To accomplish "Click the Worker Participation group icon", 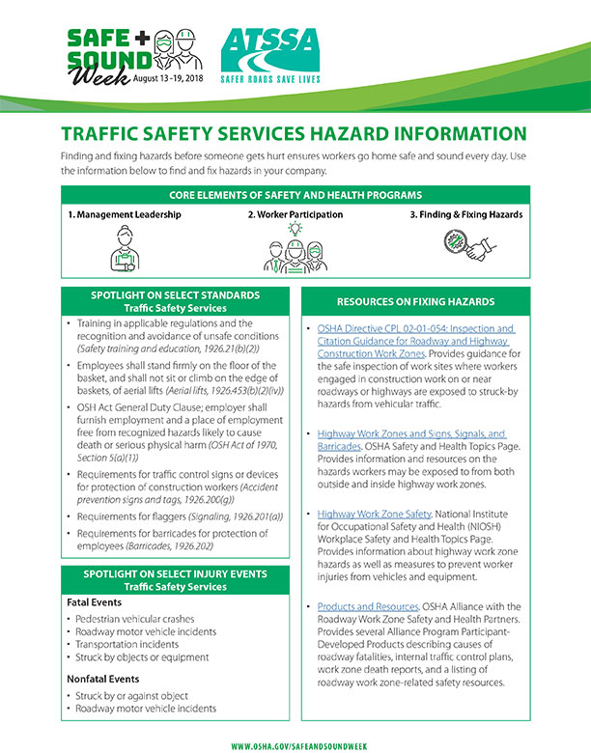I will click(297, 247).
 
